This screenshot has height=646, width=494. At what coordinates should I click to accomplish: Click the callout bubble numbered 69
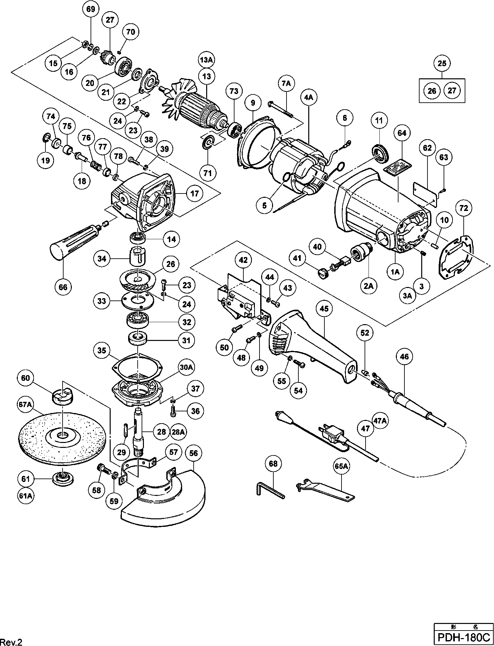click(x=91, y=9)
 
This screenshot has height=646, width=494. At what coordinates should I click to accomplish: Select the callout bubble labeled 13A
click(x=207, y=60)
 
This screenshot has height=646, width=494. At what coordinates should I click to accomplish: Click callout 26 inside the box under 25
click(x=432, y=90)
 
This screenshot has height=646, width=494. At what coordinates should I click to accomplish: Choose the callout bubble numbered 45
click(x=324, y=309)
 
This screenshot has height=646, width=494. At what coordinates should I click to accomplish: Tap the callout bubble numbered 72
click(x=464, y=208)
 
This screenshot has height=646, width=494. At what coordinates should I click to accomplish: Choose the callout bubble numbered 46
click(x=404, y=357)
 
